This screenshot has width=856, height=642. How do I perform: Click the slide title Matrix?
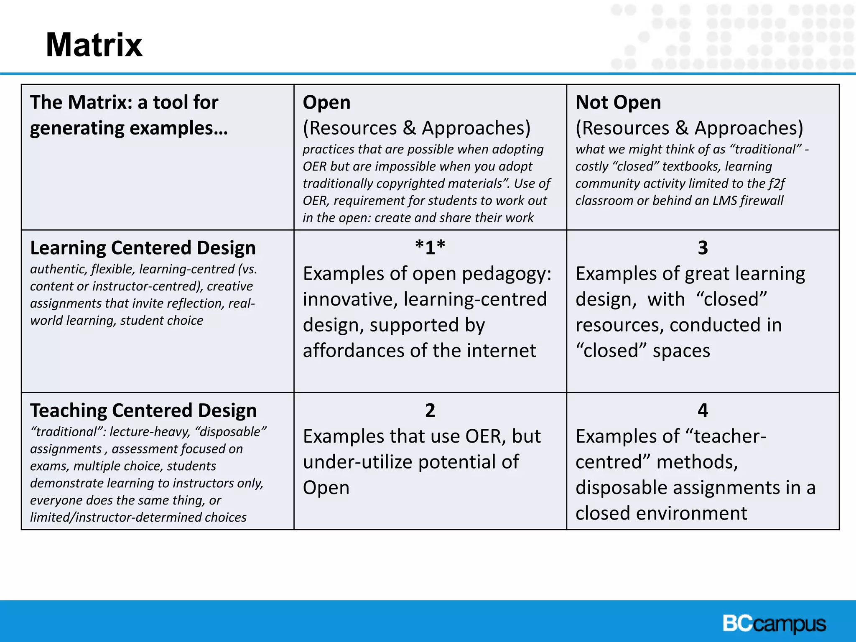94,45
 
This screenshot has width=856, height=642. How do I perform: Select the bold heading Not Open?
618,102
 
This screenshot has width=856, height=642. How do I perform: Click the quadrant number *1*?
430,247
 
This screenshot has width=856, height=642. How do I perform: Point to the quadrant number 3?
703,247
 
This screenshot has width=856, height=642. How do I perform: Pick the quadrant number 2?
430,410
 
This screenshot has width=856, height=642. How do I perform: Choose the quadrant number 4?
703,410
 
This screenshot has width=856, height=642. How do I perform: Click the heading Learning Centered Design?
143,248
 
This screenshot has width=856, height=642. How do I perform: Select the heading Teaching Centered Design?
143,410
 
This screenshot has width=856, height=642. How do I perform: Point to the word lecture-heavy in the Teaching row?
148,432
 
